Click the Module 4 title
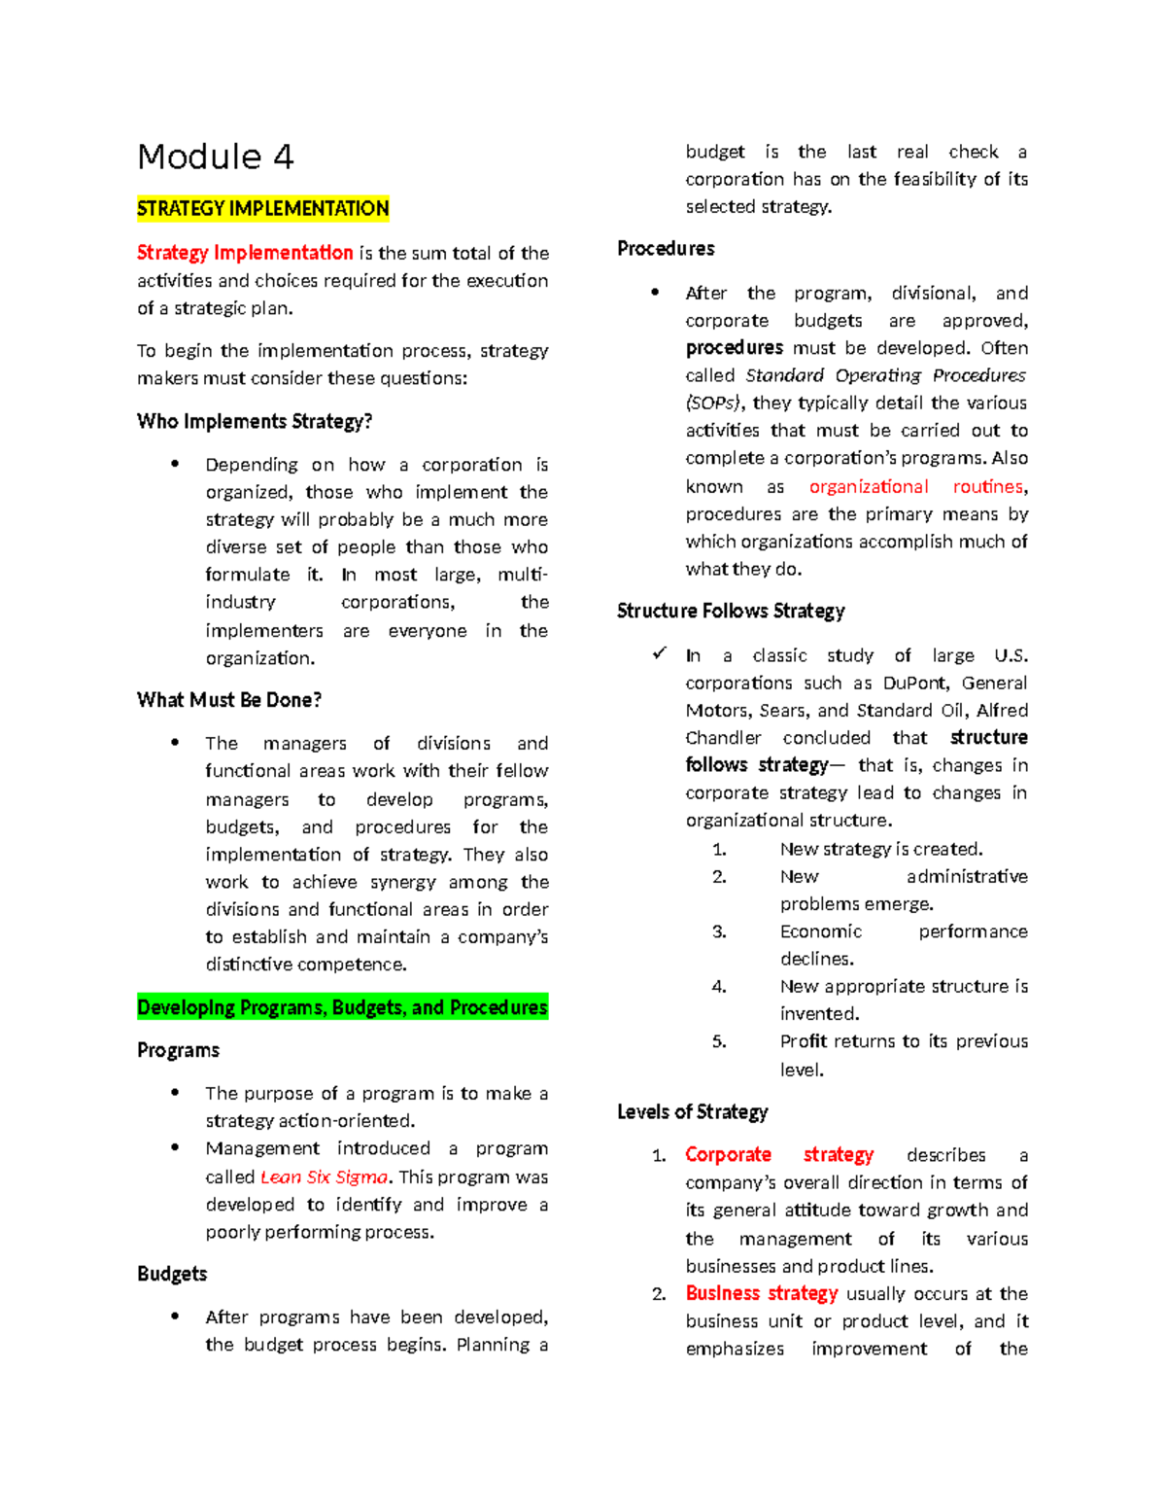click(x=215, y=157)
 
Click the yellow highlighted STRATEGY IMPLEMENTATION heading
click(x=262, y=208)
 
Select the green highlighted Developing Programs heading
click(x=342, y=1007)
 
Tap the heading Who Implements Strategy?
click(x=255, y=421)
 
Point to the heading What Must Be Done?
click(x=229, y=700)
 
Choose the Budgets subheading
click(x=172, y=1274)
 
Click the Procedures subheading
click(x=666, y=249)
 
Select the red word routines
click(x=988, y=486)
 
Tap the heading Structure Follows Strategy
click(x=731, y=611)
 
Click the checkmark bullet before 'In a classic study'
click(x=660, y=654)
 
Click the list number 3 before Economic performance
click(x=719, y=931)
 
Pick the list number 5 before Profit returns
click(x=719, y=1041)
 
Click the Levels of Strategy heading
click(x=692, y=1111)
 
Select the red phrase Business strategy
click(x=762, y=1293)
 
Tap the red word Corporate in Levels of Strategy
click(x=728, y=1154)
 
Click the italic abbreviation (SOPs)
click(x=713, y=403)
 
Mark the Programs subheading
click(x=178, y=1050)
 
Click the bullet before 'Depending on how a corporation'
click(x=175, y=464)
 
